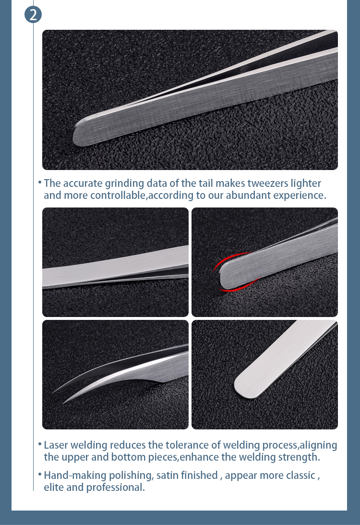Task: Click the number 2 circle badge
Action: click(33, 14)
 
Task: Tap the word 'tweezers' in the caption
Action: click(258, 183)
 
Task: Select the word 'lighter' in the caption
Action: click(305, 183)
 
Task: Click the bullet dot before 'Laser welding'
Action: click(40, 444)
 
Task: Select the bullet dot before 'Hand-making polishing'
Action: click(40, 475)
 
